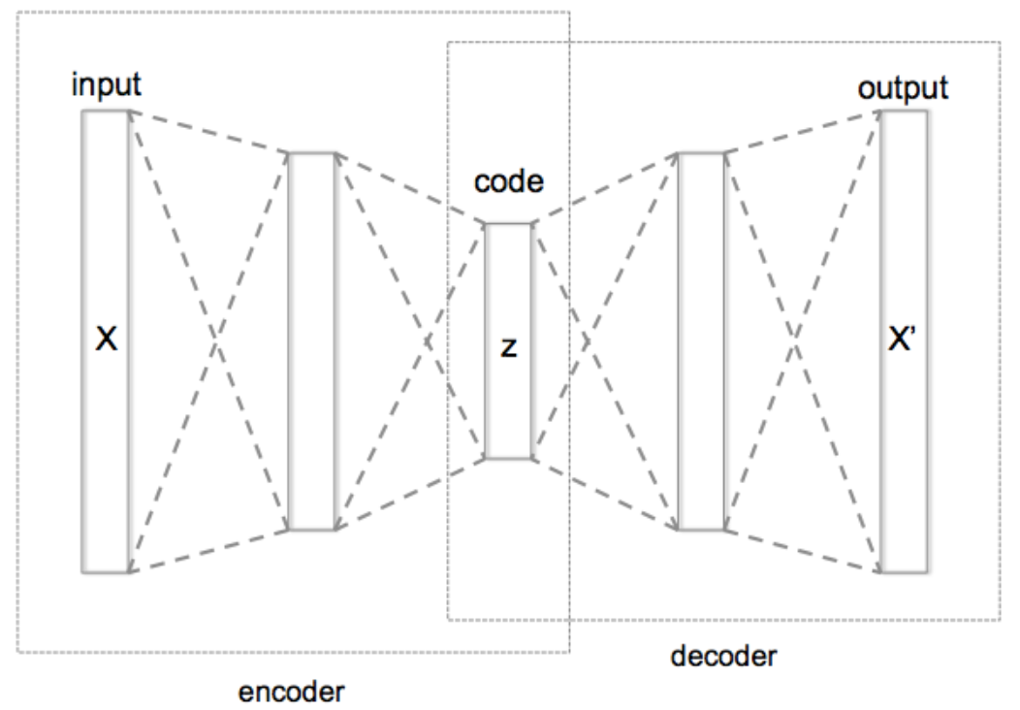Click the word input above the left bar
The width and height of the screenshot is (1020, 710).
point(107,85)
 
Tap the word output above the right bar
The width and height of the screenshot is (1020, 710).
point(903,88)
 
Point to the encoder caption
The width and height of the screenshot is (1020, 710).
point(292,692)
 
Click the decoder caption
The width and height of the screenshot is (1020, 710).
point(723,657)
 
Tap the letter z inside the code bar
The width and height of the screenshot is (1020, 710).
point(507,346)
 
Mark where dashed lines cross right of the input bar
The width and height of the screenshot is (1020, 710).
point(208,341)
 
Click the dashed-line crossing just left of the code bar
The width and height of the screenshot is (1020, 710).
point(427,341)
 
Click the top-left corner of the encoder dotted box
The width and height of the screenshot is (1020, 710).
point(17,12)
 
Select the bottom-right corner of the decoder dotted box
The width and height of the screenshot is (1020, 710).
point(1000,620)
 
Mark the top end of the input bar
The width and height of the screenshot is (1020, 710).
point(106,112)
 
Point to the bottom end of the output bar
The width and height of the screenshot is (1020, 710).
point(905,570)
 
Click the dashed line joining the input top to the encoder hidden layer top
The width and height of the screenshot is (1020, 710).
point(208,132)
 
